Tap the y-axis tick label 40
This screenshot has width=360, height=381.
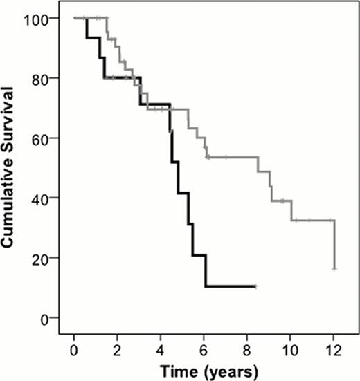point(48,198)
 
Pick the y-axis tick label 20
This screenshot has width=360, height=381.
point(48,259)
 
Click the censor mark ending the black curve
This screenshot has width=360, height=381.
point(255,286)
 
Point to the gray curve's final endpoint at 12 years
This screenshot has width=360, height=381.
point(334,269)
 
